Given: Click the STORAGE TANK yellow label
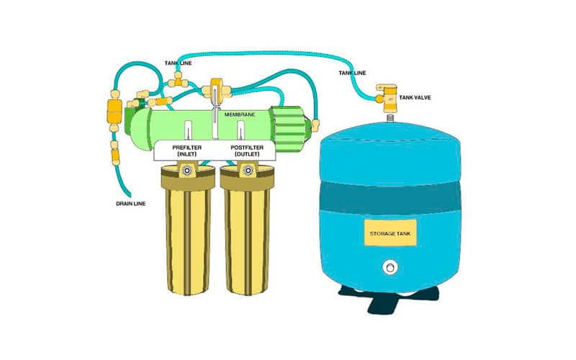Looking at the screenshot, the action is (x=390, y=233).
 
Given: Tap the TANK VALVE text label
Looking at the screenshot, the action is (x=415, y=98).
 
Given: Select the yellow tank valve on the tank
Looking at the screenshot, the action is (x=386, y=98).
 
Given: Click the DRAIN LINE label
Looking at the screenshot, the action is (x=131, y=204).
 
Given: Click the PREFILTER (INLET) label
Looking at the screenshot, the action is (x=187, y=151).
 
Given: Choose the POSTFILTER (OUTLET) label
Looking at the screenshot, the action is (x=247, y=151).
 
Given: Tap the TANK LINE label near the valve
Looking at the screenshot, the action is (x=352, y=73).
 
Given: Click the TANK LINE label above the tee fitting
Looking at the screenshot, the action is (x=178, y=63).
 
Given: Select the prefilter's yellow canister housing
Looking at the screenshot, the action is (x=188, y=230).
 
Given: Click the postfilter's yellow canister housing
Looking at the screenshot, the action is (x=247, y=230).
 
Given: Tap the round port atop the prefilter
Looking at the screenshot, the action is (x=188, y=171).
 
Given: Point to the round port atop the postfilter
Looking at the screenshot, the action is (x=248, y=171).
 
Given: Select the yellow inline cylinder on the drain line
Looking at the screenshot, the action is (x=114, y=112).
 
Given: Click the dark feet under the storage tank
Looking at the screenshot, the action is (x=389, y=298).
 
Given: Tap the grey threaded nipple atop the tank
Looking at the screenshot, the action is (x=390, y=118).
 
